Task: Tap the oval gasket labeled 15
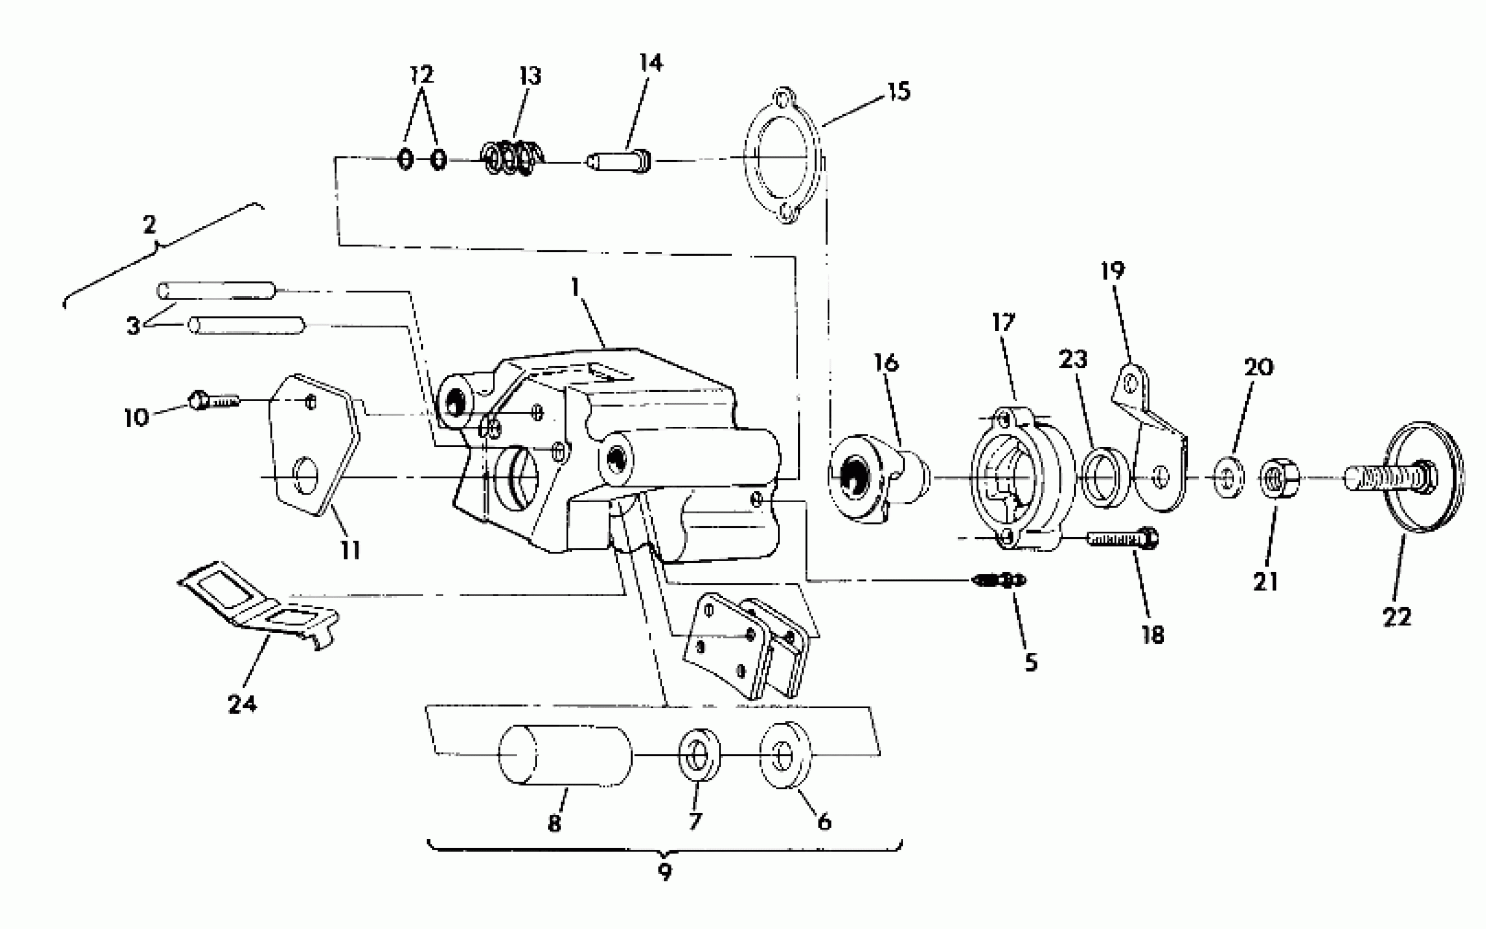(783, 156)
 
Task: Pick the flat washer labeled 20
(1229, 477)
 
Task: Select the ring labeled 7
(699, 755)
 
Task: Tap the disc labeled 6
(785, 755)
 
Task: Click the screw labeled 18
(1121, 539)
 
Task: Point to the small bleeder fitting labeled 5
(1000, 579)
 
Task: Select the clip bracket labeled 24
(258, 602)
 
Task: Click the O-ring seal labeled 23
(1104, 477)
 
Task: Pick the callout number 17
(1004, 322)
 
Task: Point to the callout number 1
(575, 287)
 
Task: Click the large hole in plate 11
(305, 475)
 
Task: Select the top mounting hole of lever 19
(1130, 384)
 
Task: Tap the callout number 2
(149, 225)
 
